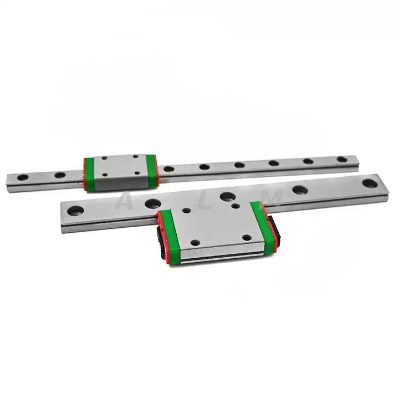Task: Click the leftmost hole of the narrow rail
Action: (x=23, y=178)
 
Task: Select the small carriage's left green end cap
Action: (x=90, y=173)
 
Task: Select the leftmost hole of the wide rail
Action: (x=75, y=210)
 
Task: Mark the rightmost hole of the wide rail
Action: (x=368, y=181)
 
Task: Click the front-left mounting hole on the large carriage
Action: (x=194, y=242)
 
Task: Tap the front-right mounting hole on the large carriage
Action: (x=247, y=237)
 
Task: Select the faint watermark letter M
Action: (x=273, y=197)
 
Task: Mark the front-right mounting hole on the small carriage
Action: (x=137, y=173)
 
